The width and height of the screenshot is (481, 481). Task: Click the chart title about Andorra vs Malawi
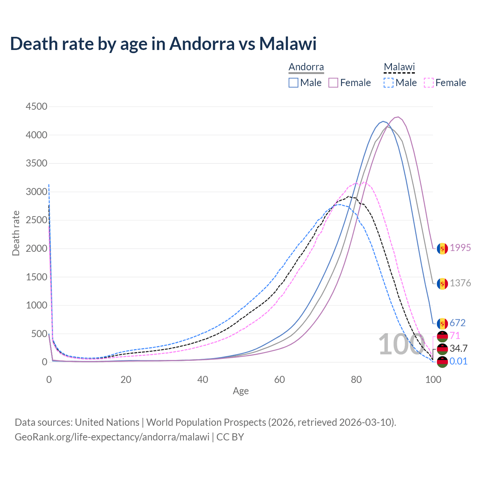click(x=163, y=44)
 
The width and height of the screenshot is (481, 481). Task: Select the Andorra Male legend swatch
click(x=293, y=83)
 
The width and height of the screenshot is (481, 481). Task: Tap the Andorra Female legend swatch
click(x=333, y=83)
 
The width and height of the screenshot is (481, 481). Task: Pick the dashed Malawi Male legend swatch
click(x=389, y=83)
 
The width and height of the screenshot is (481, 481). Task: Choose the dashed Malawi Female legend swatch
click(x=429, y=83)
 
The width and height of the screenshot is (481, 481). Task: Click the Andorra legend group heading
click(x=306, y=67)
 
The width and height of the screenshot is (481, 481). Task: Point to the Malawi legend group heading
click(x=399, y=67)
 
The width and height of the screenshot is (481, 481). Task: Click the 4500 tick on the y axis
click(x=36, y=107)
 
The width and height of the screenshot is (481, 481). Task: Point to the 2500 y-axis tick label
click(x=36, y=220)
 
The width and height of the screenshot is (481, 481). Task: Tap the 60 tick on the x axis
click(x=280, y=380)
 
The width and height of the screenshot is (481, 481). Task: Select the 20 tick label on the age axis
click(x=126, y=380)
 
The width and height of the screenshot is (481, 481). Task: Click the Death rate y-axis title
click(x=16, y=233)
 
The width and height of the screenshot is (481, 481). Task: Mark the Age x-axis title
click(x=240, y=391)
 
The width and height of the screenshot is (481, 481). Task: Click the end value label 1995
click(x=460, y=248)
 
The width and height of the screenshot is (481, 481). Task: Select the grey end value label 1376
click(x=460, y=283)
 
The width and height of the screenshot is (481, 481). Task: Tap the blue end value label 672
click(x=458, y=323)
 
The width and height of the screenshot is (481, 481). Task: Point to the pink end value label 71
click(x=455, y=336)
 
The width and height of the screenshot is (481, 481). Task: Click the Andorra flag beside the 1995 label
click(x=442, y=248)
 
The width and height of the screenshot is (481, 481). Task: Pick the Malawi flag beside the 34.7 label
click(x=442, y=349)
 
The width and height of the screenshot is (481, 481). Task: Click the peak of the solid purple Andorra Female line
click(x=398, y=117)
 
